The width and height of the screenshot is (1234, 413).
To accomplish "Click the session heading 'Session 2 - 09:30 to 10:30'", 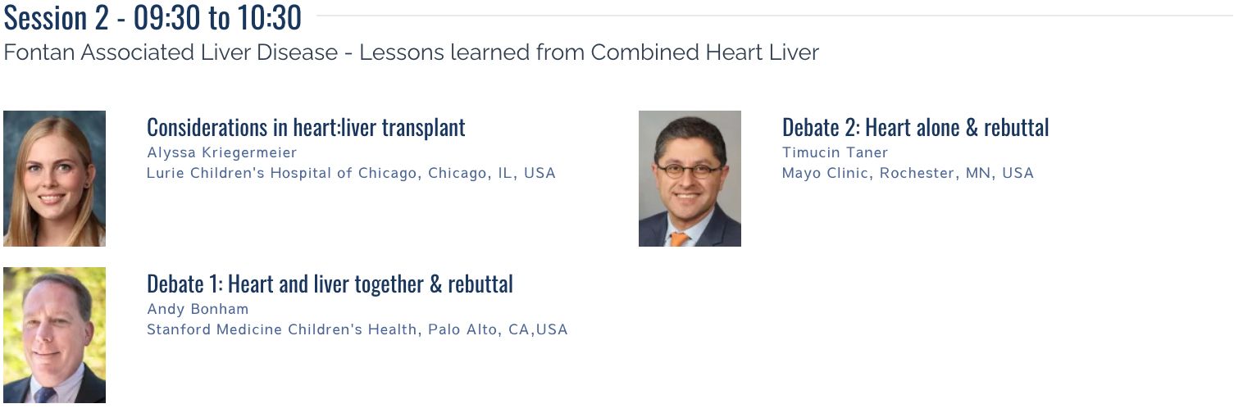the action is point(153,18).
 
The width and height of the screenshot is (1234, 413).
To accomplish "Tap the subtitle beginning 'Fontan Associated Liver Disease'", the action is point(411,52).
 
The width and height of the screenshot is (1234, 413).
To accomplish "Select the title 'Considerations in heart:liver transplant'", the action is point(306,128).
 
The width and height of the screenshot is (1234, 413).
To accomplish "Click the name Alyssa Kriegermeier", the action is point(221,152).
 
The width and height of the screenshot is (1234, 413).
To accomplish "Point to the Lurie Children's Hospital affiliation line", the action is point(351,173).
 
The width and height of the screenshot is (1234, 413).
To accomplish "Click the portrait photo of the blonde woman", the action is point(55,179).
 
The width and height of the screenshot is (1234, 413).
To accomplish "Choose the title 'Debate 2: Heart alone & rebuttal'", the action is point(916,128).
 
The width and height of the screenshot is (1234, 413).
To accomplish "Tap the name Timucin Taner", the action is point(836,152).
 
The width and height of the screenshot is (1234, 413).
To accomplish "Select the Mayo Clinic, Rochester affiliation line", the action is point(908,173).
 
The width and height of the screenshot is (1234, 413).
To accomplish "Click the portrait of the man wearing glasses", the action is point(690,179).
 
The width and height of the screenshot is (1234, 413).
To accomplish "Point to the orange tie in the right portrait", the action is point(679,239).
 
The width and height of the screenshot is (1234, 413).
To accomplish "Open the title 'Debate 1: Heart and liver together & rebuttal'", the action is point(330,284).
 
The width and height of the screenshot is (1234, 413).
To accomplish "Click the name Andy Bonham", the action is point(198,309).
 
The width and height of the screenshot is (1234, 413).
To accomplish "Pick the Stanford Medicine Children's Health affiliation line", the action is point(357,329).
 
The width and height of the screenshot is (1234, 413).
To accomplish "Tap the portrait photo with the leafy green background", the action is point(55,335).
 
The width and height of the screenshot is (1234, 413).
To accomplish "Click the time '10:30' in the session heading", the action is point(270,18).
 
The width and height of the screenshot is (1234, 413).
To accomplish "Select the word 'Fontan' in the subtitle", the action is point(39,52).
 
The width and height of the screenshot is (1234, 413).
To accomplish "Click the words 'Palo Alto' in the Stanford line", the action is point(462,329).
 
